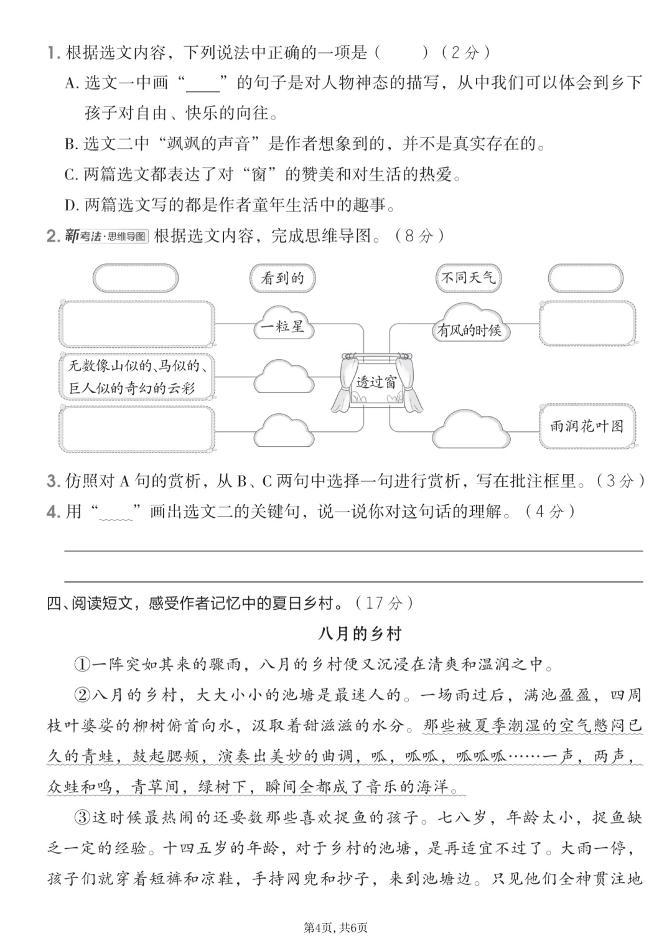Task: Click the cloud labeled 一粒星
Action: pyautogui.click(x=282, y=324)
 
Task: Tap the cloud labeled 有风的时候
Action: pyautogui.click(x=469, y=328)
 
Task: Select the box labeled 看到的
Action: pyautogui.click(x=282, y=278)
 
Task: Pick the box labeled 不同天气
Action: pyautogui.click(x=468, y=278)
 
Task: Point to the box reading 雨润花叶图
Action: pyautogui.click(x=586, y=426)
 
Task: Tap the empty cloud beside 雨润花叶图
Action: pyautogui.click(x=469, y=428)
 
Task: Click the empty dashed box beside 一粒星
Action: pyautogui.click(x=137, y=324)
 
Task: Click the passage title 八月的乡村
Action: pyautogui.click(x=360, y=634)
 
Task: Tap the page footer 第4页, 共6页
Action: pyautogui.click(x=335, y=927)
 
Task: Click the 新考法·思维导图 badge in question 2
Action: pyautogui.click(x=106, y=236)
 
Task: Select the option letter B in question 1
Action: pyautogui.click(x=70, y=144)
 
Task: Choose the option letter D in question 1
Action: pyautogui.click(x=70, y=204)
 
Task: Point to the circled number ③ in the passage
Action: pyautogui.click(x=83, y=817)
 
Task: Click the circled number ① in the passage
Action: pyautogui.click(x=83, y=664)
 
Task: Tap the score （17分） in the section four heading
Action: pyautogui.click(x=384, y=602)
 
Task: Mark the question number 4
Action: pyautogui.click(x=52, y=512)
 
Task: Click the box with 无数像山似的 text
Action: pyautogui.click(x=137, y=376)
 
